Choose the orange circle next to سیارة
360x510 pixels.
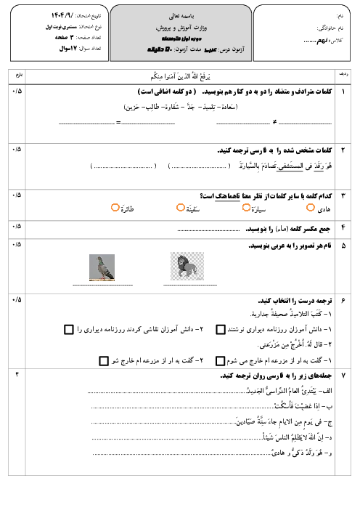click(246, 208)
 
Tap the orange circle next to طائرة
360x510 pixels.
click(115, 208)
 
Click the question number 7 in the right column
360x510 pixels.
click(343, 374)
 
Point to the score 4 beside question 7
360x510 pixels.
click(17, 374)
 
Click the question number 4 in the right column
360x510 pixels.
click(343, 227)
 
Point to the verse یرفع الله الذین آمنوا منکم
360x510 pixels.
click(176, 74)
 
